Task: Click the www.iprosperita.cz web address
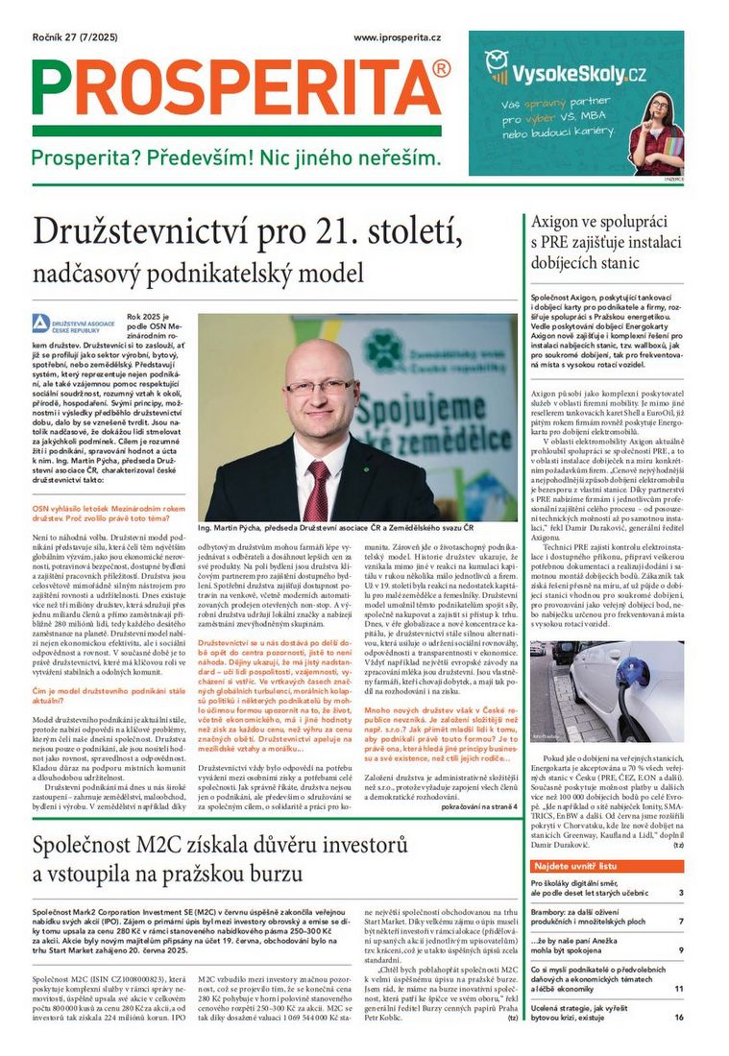pos(397,37)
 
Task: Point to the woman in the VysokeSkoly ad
pos(658,131)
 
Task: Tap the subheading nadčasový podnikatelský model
pos(198,273)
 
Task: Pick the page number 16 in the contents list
pos(678,1017)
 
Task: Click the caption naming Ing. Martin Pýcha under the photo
pos(335,529)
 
